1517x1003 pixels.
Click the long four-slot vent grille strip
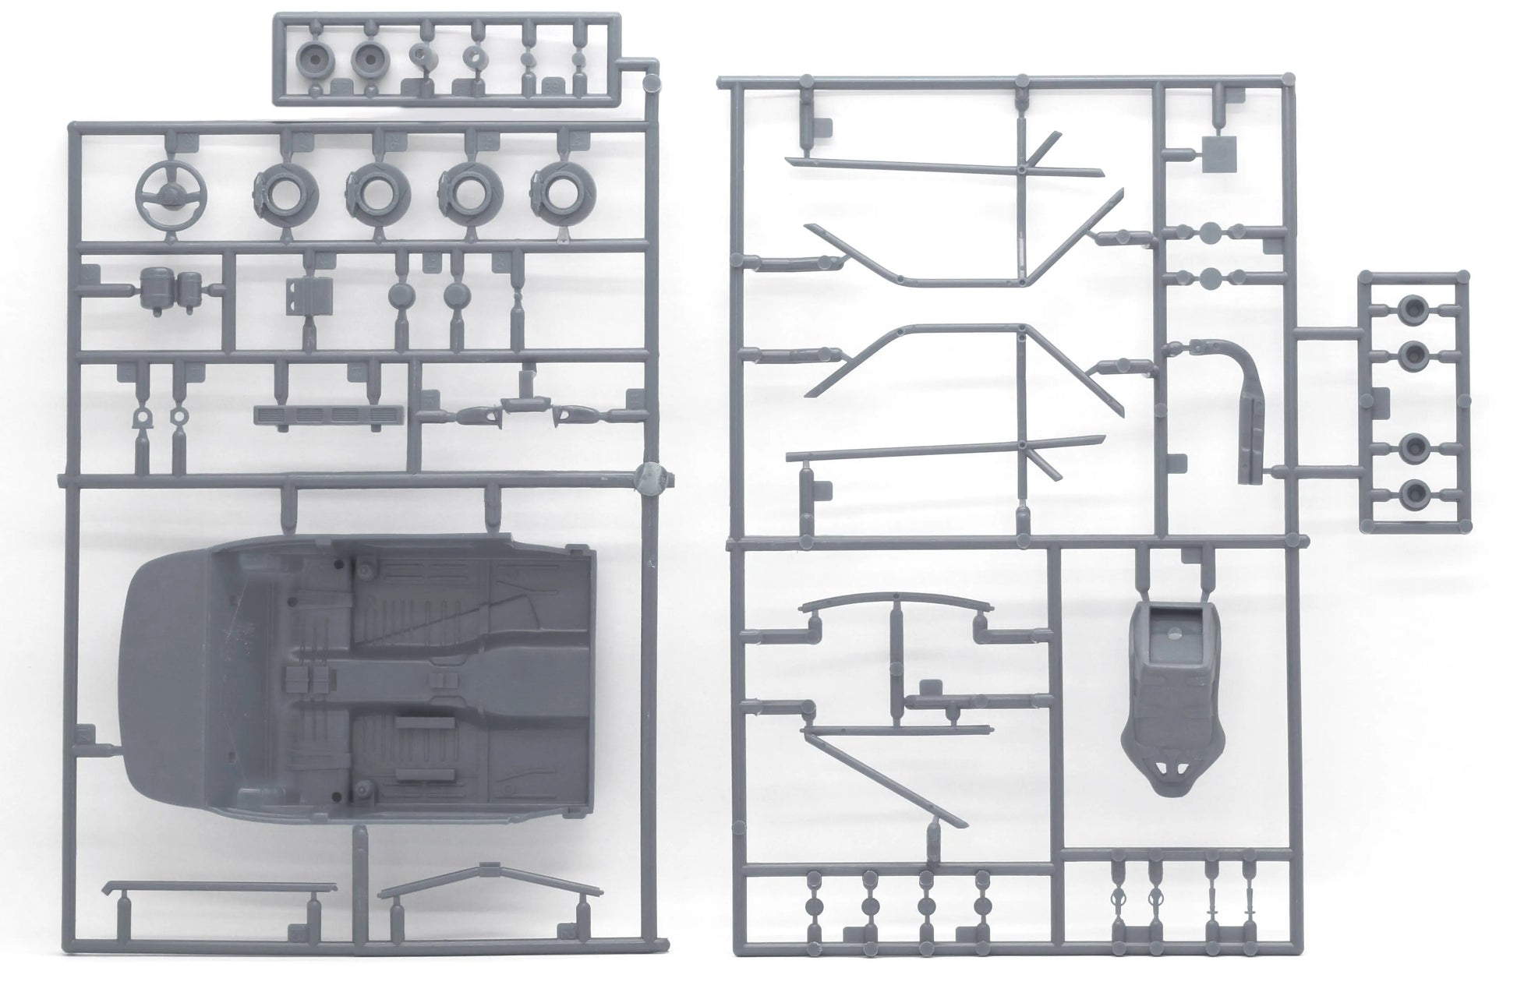(x=331, y=415)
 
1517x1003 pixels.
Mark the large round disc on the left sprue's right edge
(x=651, y=477)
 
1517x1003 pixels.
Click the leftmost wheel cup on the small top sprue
(x=317, y=57)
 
